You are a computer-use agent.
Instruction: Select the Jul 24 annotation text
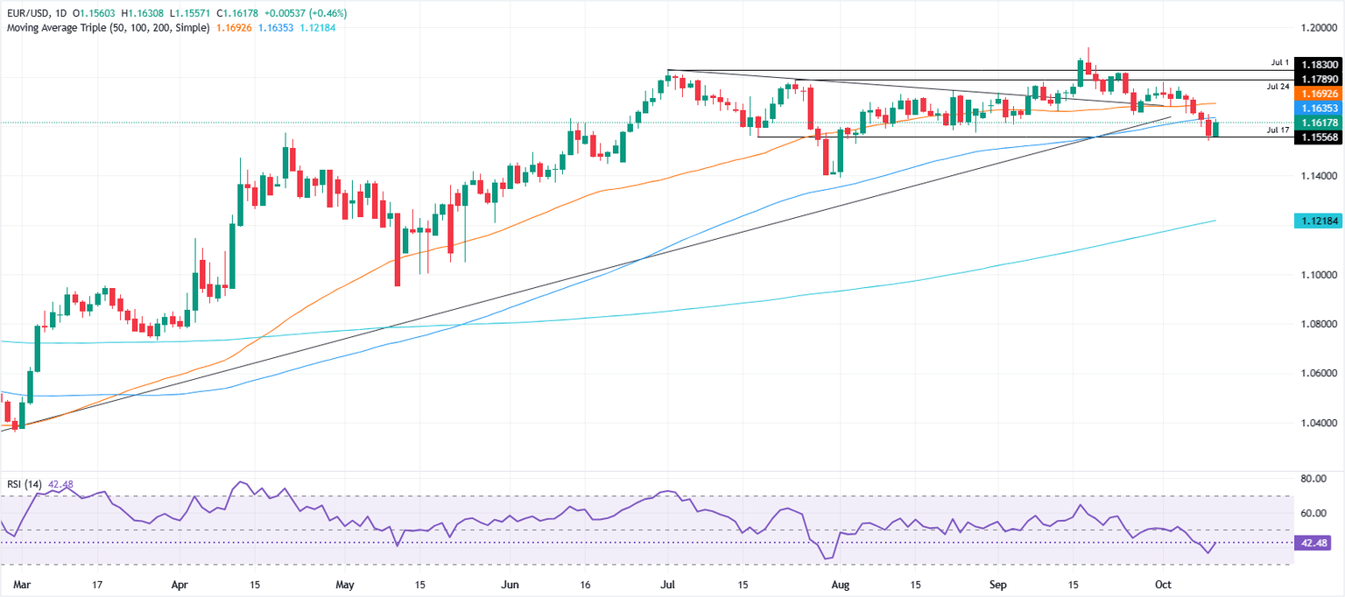pyautogui.click(x=1278, y=88)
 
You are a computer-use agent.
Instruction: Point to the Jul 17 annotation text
pyautogui.click(x=1278, y=130)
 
